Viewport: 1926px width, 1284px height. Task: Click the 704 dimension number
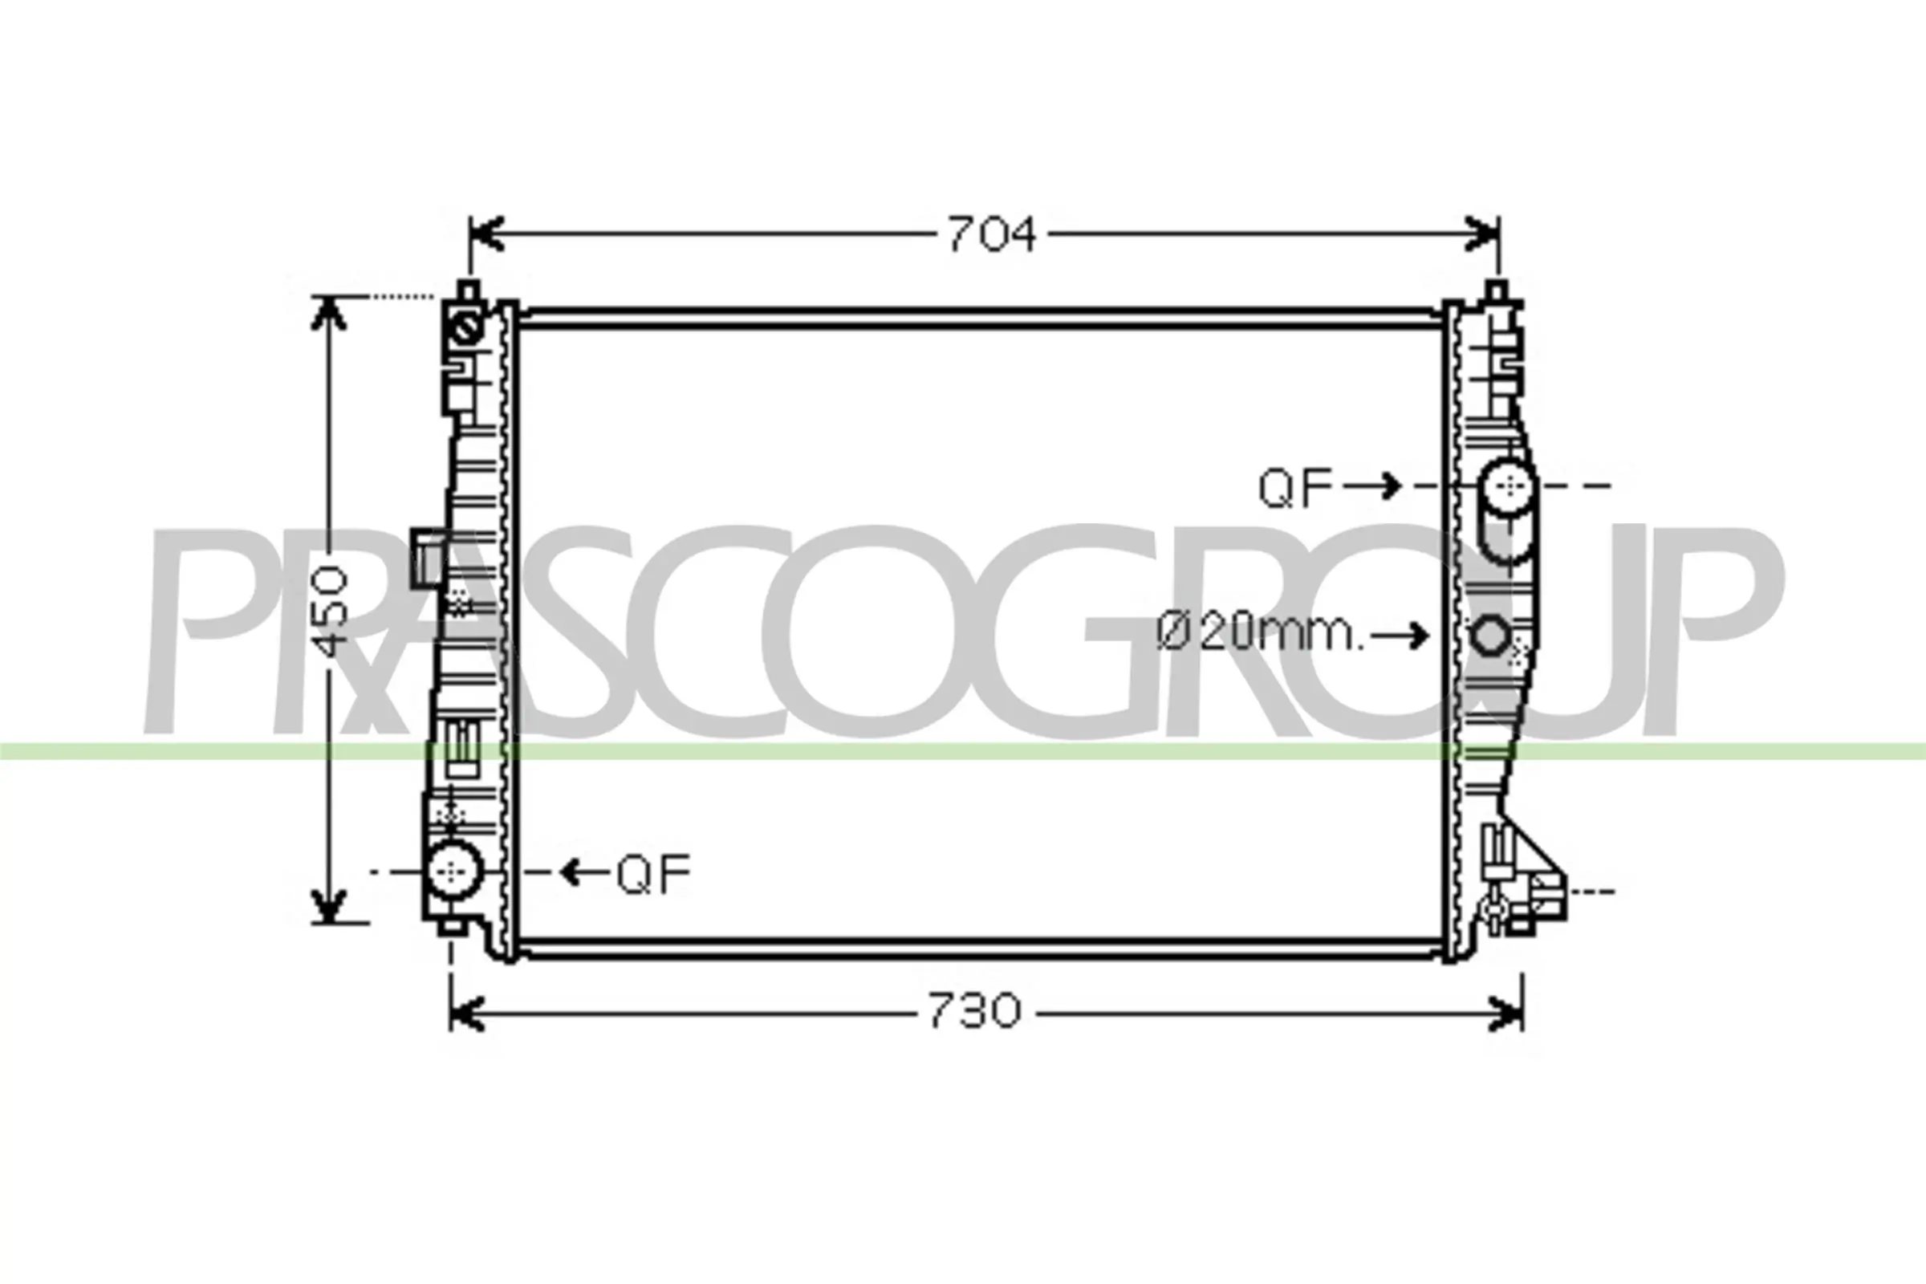click(x=992, y=234)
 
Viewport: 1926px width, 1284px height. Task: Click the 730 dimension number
click(x=974, y=1011)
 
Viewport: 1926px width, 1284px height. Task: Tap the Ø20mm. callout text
click(x=1260, y=633)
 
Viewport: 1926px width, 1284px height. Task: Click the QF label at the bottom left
click(x=653, y=874)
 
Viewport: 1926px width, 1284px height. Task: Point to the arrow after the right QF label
click(x=1372, y=486)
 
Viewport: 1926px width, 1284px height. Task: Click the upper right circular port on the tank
click(x=1507, y=488)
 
